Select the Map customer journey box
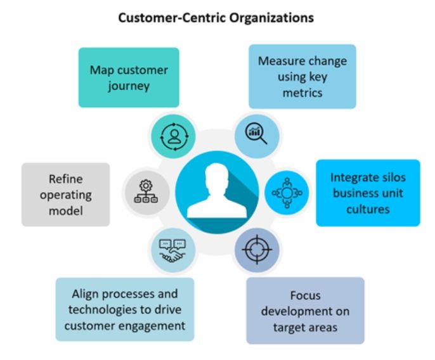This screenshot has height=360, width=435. (x=129, y=77)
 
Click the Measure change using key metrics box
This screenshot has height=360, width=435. (x=302, y=76)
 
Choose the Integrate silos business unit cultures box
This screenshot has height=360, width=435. (x=368, y=193)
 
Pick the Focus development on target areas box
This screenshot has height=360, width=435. (x=305, y=310)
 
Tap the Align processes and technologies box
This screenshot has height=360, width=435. (x=124, y=309)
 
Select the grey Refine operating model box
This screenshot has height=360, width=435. (x=65, y=194)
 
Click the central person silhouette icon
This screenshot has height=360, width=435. (x=217, y=191)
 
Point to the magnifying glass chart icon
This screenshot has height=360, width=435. (x=257, y=133)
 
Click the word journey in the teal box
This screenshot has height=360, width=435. (x=128, y=85)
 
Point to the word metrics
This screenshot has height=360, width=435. (x=302, y=93)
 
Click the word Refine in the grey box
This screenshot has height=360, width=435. (x=65, y=179)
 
